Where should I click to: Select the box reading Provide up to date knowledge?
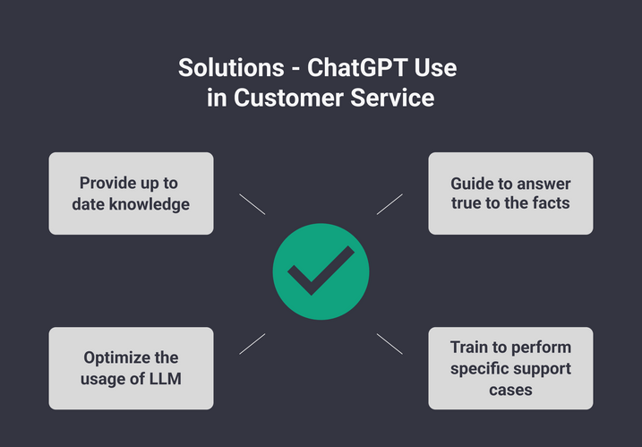click(x=131, y=193)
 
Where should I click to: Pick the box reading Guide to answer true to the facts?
click(x=510, y=193)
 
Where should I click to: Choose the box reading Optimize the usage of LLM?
click(x=131, y=368)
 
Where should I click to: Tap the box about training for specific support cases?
click(x=510, y=368)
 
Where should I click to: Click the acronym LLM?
click(x=165, y=378)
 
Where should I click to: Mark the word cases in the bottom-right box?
click(x=510, y=390)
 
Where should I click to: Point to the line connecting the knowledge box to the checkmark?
click(x=253, y=204)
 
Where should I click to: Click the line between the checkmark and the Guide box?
click(x=389, y=204)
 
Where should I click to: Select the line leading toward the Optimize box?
click(x=253, y=343)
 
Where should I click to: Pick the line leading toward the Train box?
click(x=389, y=343)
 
